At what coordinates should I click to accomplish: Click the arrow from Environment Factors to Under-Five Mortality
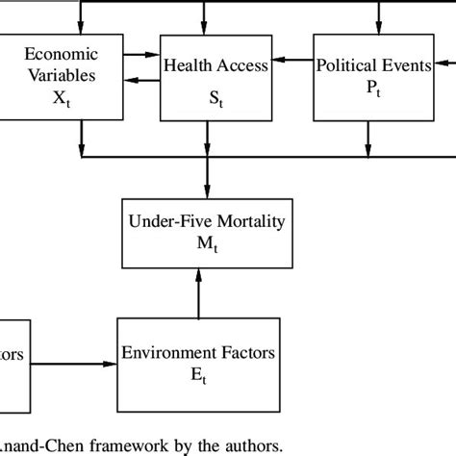click(199, 294)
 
